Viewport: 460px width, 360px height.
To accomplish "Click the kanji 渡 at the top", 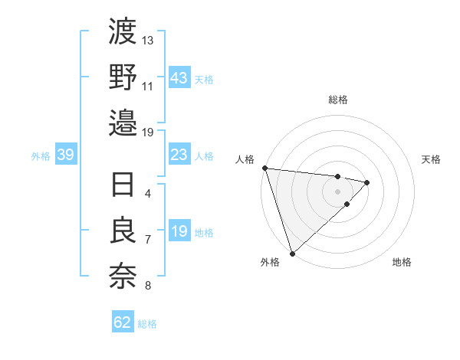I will click(123, 32).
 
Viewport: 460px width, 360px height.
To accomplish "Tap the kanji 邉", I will click(123, 122).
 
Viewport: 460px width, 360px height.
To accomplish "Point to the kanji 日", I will click(123, 187).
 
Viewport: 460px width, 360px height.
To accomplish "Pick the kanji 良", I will click(123, 232).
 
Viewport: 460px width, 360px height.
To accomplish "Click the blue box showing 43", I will click(179, 78).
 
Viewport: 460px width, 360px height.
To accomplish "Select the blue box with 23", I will click(179, 155).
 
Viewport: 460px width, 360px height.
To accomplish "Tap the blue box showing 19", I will click(179, 232).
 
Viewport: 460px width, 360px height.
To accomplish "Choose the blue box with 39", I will click(65, 155).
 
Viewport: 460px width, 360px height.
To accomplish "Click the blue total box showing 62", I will click(123, 322).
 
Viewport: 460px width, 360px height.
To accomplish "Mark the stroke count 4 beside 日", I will click(148, 194).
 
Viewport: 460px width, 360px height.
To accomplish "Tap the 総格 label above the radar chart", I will click(338, 100).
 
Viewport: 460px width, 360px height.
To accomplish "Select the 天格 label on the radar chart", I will click(432, 159).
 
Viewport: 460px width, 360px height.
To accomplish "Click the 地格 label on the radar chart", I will click(402, 262).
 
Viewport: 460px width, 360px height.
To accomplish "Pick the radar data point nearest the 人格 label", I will click(264, 168).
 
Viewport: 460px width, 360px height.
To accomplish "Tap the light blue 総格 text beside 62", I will click(147, 324).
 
